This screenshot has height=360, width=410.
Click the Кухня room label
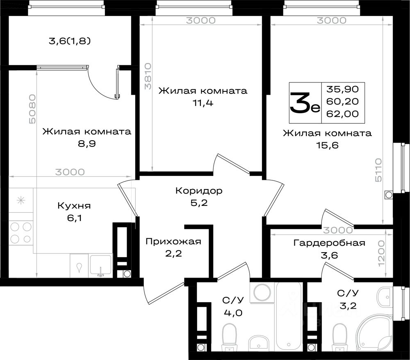74,205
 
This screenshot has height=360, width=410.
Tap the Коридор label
199,191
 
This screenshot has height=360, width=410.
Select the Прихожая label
173,242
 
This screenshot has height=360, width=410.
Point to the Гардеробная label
330,243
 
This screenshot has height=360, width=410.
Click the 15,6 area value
327,145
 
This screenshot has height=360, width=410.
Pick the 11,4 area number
203,103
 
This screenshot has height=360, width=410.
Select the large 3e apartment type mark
305,103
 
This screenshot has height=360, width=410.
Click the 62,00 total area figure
342,114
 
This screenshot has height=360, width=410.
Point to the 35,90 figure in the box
342,89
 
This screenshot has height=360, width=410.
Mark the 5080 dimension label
32,109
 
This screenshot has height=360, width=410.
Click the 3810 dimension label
148,76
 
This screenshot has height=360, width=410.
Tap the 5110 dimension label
378,170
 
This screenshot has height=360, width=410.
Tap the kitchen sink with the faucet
101,265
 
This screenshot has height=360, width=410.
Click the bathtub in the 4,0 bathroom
289,317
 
